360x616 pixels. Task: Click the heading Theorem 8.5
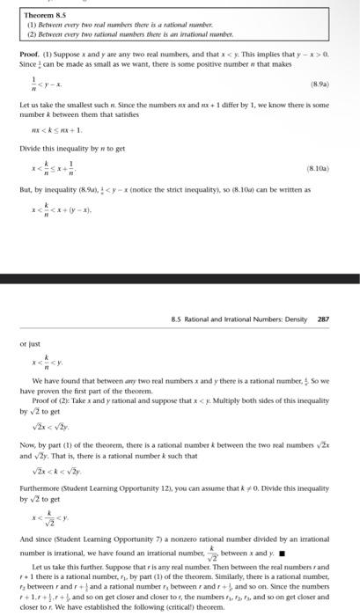coord(41,11)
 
